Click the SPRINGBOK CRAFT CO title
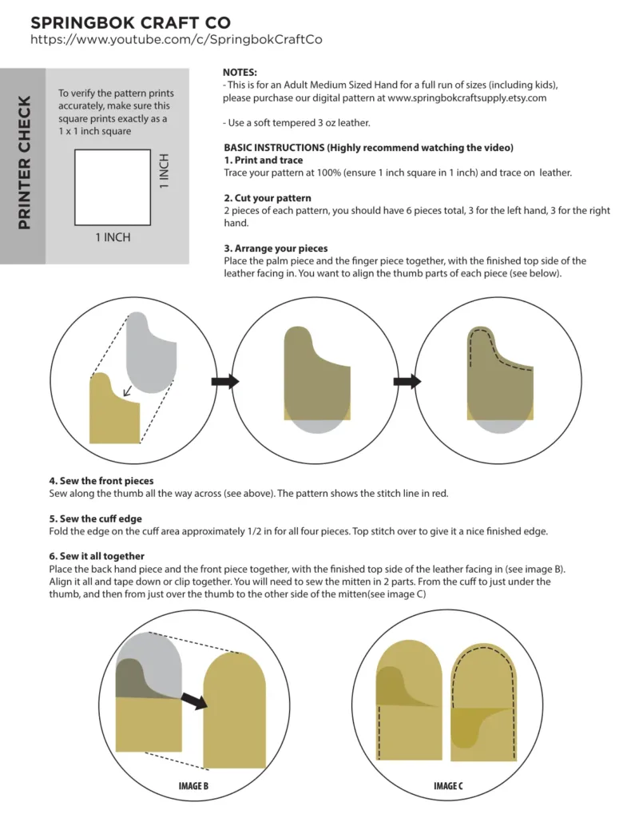pos(130,23)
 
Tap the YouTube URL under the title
pos(177,40)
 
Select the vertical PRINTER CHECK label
pos(24,162)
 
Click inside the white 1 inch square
pos(113,187)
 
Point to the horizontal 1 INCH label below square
pos(113,237)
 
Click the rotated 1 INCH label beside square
pos(165,171)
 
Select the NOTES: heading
pos(240,73)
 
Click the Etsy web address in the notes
pos(467,98)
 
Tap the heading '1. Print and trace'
pos(264,160)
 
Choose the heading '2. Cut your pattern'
pos(268,198)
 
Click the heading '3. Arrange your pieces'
pos(276,248)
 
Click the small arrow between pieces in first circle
pos(127,391)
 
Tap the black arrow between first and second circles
pos(224,381)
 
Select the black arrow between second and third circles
pos(407,381)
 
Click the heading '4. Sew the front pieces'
pos(101,481)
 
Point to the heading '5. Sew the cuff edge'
pos(96,519)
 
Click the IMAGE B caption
pos(193,786)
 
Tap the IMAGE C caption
pos(448,786)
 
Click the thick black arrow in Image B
pos(195,701)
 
